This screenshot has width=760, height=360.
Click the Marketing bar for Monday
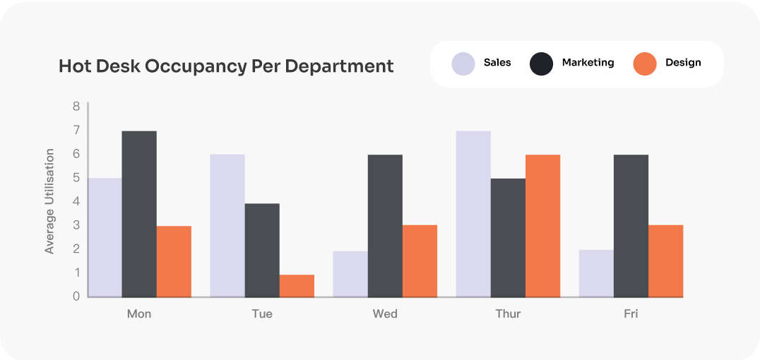click(x=139, y=214)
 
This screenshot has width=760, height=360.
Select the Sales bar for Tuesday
click(x=227, y=226)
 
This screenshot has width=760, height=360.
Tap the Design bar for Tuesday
click(x=297, y=286)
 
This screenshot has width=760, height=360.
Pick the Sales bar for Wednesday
click(x=350, y=274)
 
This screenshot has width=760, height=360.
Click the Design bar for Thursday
click(x=542, y=226)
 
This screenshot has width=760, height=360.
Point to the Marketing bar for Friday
click(x=631, y=226)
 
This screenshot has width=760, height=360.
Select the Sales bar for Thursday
click(x=473, y=214)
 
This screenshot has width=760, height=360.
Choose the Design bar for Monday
click(x=174, y=261)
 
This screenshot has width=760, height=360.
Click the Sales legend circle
click(x=463, y=64)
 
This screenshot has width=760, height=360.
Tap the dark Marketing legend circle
click(x=541, y=64)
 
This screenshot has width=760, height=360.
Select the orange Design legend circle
click(x=644, y=64)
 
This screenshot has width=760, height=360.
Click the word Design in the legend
click(x=683, y=63)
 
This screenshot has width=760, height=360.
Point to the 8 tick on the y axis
click(x=76, y=107)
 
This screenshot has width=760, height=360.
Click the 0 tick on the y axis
click(x=76, y=296)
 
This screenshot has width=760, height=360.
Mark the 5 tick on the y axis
click(x=76, y=178)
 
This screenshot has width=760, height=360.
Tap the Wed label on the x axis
click(x=385, y=313)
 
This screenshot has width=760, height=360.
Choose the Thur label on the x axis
click(x=508, y=313)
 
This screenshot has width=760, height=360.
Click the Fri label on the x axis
click(x=631, y=313)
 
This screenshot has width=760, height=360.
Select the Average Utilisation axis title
click(x=49, y=201)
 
